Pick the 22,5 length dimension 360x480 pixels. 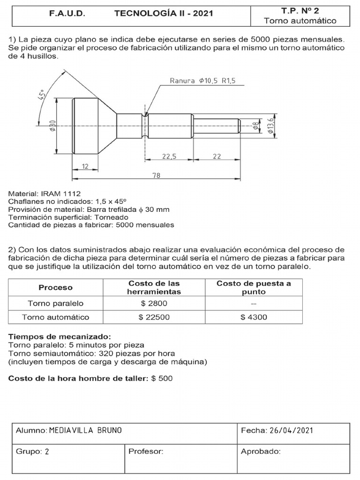pos(169,157)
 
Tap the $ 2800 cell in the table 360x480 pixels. pos(154,303)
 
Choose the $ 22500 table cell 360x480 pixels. pos(154,317)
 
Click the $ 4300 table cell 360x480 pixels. pos(254,317)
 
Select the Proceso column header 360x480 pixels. pos(55,287)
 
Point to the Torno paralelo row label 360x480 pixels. pos(55,303)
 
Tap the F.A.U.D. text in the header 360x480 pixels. pos(67,14)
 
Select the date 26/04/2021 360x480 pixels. pos(291,430)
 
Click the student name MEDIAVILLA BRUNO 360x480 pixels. pos(85,430)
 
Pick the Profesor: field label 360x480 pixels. pos(145,452)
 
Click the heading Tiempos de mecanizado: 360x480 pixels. pos(60,337)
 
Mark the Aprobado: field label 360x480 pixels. pos(261,452)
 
